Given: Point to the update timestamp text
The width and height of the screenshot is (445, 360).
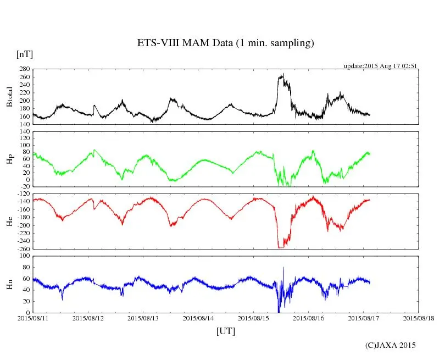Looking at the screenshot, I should (381, 66).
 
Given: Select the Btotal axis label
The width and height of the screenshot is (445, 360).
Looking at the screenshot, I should (9, 97).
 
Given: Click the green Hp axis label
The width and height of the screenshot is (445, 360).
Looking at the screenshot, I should (9, 159).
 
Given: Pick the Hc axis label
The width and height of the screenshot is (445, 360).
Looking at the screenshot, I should (9, 221).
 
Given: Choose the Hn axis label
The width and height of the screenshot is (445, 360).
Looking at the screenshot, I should (9, 284).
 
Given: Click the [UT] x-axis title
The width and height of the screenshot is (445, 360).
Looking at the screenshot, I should (225, 331).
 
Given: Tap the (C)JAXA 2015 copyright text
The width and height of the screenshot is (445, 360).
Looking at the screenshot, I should (391, 345).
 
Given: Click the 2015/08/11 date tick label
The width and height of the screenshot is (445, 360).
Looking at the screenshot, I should (33, 318).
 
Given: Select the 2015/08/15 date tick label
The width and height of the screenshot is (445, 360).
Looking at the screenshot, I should (253, 318).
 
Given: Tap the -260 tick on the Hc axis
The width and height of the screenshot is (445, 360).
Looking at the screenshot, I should (22, 249).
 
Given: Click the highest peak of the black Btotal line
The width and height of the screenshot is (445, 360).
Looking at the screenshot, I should (283, 74).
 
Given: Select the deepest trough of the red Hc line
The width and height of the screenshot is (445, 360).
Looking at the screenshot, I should (281, 248).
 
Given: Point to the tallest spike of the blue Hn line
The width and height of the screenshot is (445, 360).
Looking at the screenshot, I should (283, 268).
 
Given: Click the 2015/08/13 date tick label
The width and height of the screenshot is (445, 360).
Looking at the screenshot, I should (143, 318).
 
